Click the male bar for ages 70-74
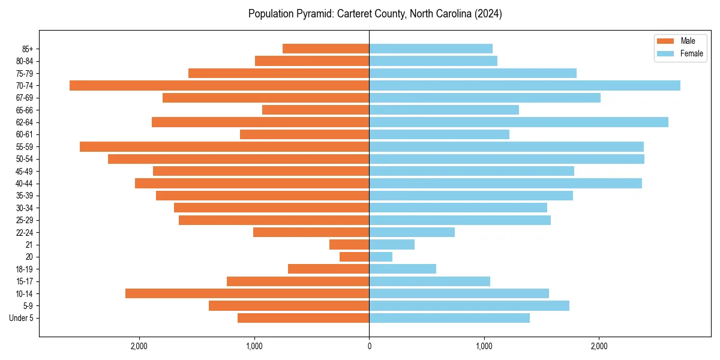(219, 85)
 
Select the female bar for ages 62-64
(518, 122)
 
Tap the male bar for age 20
(354, 257)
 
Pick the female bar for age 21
(392, 245)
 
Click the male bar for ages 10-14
(247, 293)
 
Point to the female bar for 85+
(431, 49)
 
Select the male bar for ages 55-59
(224, 147)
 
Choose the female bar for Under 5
(449, 318)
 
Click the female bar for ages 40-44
(505, 184)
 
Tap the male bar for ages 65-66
(316, 110)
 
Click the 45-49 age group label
(24, 172)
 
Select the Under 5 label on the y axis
(21, 318)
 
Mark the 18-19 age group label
(24, 269)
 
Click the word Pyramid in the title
(308, 14)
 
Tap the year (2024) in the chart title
(488, 14)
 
